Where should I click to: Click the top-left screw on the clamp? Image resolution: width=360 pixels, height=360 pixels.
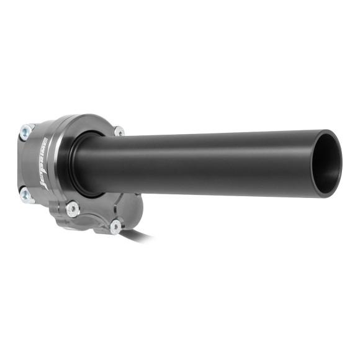tap(27, 130)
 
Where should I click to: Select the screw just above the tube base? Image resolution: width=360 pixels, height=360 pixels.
tap(118, 132)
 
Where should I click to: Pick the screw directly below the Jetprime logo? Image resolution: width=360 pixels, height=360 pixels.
tap(73, 208)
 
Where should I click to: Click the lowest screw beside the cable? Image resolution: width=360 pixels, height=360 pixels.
tap(116, 227)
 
